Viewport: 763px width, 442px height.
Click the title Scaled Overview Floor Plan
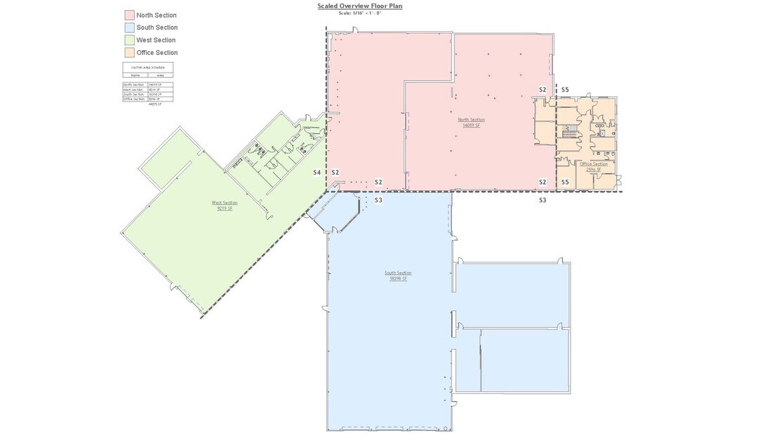(x=359, y=6)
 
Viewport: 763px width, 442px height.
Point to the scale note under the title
(x=359, y=13)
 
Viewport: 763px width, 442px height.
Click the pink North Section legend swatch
(x=130, y=15)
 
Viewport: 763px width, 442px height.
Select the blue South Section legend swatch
(x=130, y=27)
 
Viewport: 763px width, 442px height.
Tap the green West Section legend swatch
(x=130, y=40)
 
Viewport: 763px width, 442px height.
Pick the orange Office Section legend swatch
(x=130, y=52)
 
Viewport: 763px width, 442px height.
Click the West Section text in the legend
(x=156, y=40)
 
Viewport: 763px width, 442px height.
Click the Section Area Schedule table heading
(x=148, y=68)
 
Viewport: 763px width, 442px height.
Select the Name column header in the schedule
(x=135, y=75)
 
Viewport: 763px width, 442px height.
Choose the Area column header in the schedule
(x=160, y=75)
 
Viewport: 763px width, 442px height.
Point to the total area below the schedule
(x=154, y=104)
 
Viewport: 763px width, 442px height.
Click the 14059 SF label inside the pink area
(x=471, y=125)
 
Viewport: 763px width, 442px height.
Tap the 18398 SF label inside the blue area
(x=398, y=278)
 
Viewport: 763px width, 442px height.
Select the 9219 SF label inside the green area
(x=225, y=209)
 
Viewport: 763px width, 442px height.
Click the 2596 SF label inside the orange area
(x=593, y=169)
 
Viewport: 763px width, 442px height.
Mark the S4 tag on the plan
(x=317, y=173)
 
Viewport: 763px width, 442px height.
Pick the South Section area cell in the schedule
(x=154, y=94)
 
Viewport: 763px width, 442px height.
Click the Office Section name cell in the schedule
(x=134, y=99)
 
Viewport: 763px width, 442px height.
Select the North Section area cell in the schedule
(x=154, y=85)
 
